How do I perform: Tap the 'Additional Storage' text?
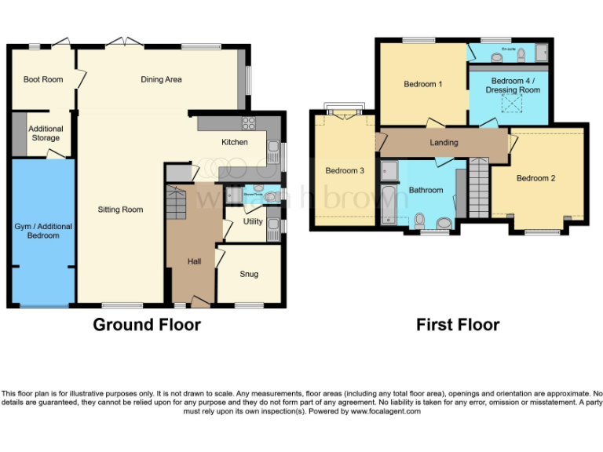(x=46, y=133)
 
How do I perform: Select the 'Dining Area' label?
(x=162, y=79)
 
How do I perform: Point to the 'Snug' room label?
(x=249, y=274)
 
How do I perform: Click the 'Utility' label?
(x=253, y=222)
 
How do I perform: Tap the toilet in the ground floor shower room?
(x=269, y=196)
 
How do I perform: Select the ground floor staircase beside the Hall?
(x=177, y=206)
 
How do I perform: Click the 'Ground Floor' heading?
(x=147, y=325)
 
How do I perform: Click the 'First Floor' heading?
(x=458, y=325)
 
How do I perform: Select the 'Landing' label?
(x=444, y=142)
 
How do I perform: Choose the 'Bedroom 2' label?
(x=536, y=178)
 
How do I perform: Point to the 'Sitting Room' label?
(x=120, y=210)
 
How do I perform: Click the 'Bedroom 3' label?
(x=345, y=171)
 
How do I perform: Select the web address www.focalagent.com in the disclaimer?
(x=385, y=411)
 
